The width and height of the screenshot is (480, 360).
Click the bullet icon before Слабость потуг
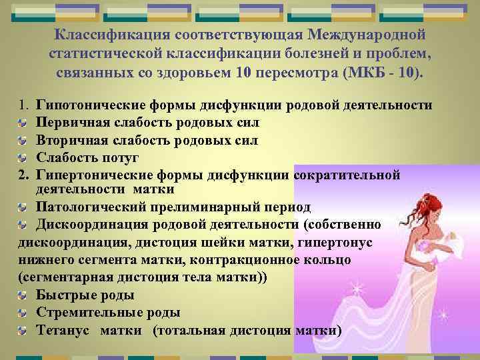pyautogui.click(x=23, y=158)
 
